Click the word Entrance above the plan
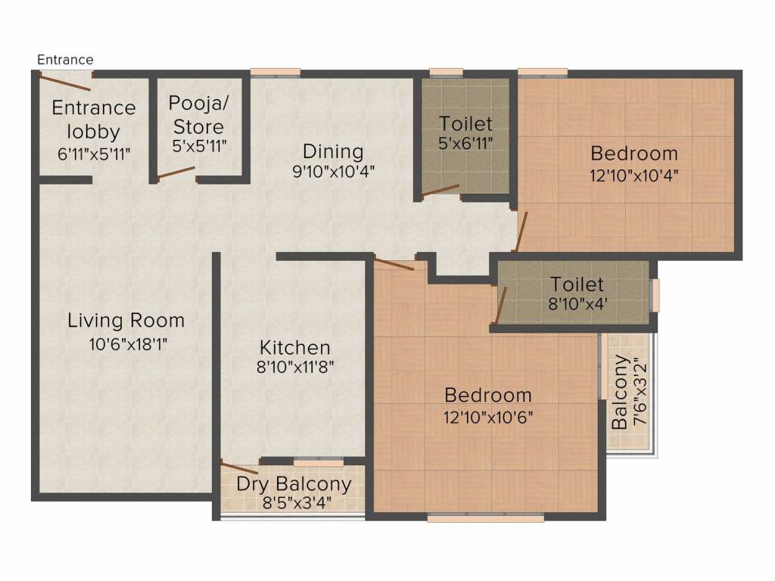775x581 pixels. pyautogui.click(x=65, y=60)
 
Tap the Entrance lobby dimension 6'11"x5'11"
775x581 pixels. pyautogui.click(x=94, y=154)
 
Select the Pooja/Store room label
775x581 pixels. pyautogui.click(x=199, y=115)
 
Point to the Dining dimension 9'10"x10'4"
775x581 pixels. pyautogui.click(x=334, y=172)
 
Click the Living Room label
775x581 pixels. pyautogui.click(x=126, y=321)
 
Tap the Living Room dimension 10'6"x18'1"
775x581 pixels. pyautogui.click(x=128, y=344)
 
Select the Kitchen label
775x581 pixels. pyautogui.click(x=295, y=347)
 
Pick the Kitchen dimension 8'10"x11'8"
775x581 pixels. pyautogui.click(x=295, y=367)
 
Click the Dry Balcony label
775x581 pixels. pyautogui.click(x=294, y=483)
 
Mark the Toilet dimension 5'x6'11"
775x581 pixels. pyautogui.click(x=465, y=143)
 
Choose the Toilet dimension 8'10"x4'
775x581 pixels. pyautogui.click(x=577, y=303)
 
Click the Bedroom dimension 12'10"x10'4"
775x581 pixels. pyautogui.click(x=634, y=176)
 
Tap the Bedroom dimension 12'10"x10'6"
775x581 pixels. pyautogui.click(x=488, y=418)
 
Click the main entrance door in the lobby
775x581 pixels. pyautogui.click(x=65, y=82)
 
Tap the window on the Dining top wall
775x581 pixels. pyautogui.click(x=275, y=73)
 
